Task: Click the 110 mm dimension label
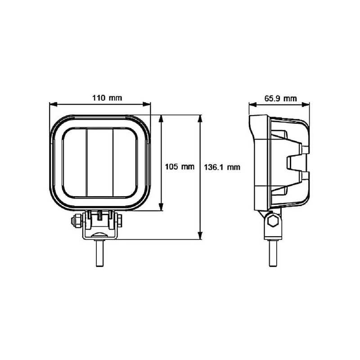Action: pyautogui.click(x=107, y=98)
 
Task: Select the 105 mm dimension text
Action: pyautogui.click(x=180, y=166)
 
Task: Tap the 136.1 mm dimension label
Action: pyautogui.click(x=222, y=167)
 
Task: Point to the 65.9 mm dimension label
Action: pyautogui.click(x=280, y=99)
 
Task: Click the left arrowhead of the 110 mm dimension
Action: pyautogui.click(x=54, y=104)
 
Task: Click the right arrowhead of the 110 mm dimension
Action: pyautogui.click(x=147, y=104)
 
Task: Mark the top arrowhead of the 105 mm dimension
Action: pyautogui.click(x=161, y=119)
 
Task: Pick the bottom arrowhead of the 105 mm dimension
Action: pyautogui.click(x=161, y=207)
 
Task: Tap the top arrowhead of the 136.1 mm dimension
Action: pyautogui.click(x=200, y=119)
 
